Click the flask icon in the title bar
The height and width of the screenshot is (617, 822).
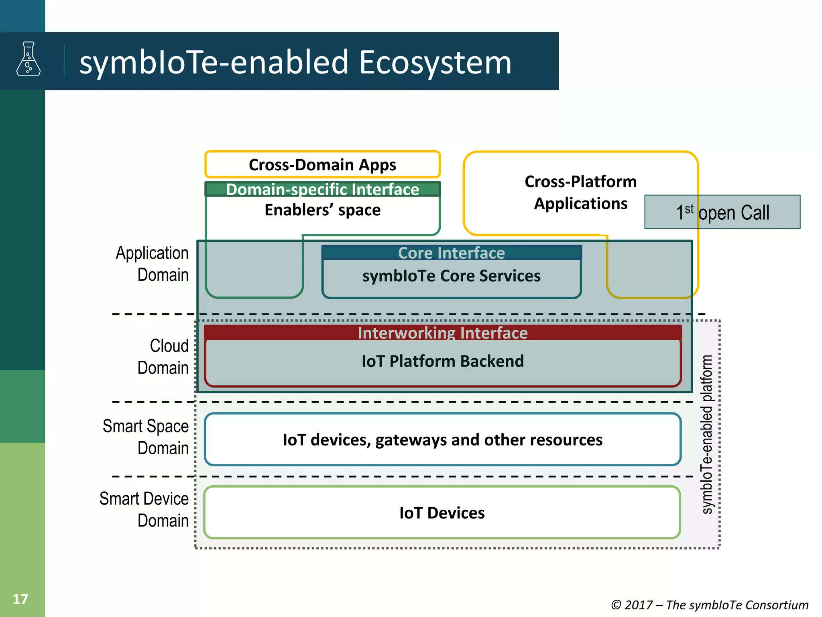(x=28, y=59)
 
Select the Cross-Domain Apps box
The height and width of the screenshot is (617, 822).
(x=322, y=165)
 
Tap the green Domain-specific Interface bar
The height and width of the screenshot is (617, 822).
(x=322, y=189)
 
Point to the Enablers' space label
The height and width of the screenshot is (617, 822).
(x=322, y=210)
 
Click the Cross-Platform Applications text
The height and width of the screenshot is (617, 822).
(x=580, y=192)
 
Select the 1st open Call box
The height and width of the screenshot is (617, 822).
(x=722, y=212)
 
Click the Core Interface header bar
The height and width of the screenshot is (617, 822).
(x=451, y=253)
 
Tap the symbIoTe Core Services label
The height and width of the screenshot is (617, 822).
(x=451, y=276)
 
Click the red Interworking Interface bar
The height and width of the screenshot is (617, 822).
(x=442, y=333)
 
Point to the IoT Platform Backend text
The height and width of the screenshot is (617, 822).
(x=442, y=361)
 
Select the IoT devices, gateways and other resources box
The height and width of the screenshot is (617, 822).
(x=442, y=439)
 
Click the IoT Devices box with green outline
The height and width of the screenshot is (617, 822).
(x=442, y=513)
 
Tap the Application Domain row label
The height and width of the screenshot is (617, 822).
(x=152, y=264)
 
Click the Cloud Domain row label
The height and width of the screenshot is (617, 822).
(x=163, y=357)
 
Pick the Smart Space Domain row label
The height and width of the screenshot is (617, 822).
(x=146, y=437)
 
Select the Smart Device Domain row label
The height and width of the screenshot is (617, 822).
(x=144, y=509)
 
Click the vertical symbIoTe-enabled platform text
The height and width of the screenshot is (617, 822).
(x=707, y=434)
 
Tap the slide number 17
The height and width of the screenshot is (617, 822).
(x=20, y=599)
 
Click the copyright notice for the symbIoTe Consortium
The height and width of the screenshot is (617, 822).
(x=709, y=605)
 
